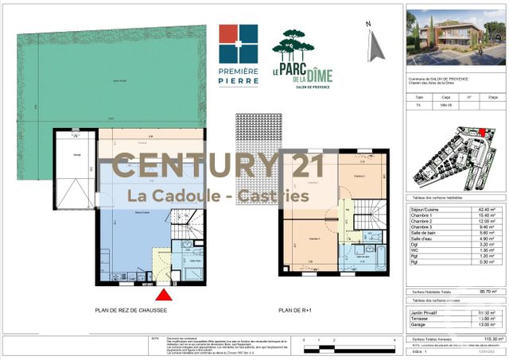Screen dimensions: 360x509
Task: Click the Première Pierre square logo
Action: click(239, 44)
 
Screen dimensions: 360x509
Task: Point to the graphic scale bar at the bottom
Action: click(350, 344)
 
